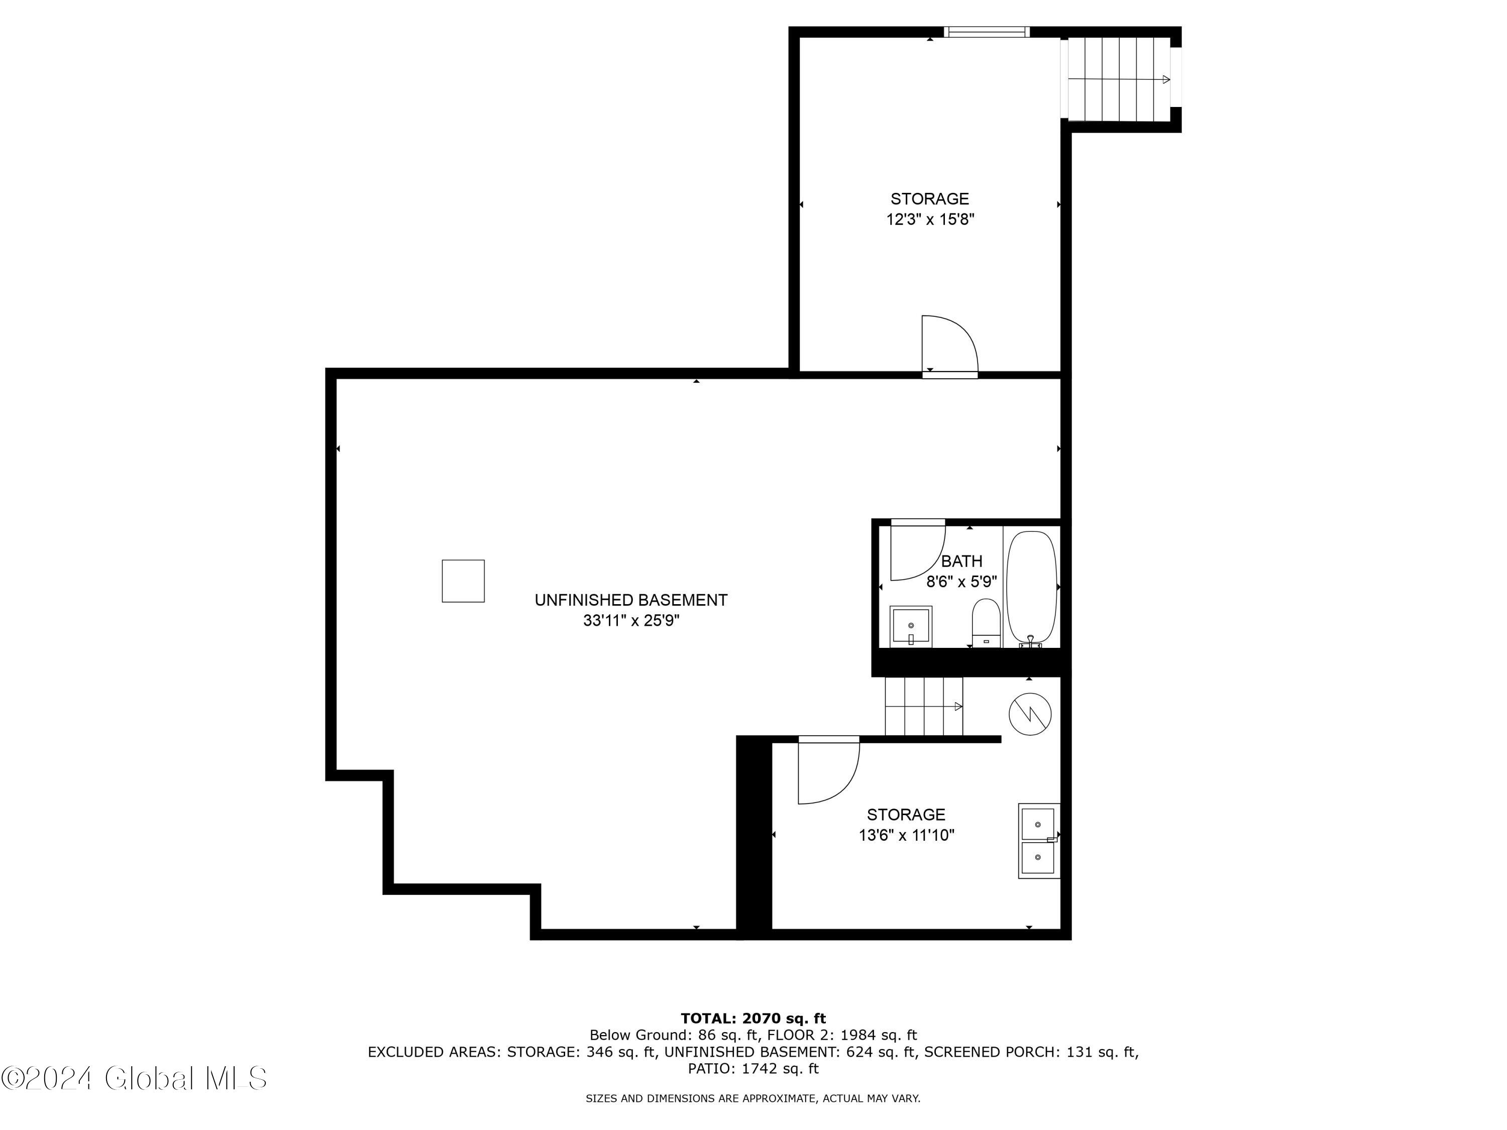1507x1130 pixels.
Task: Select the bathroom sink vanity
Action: [x=911, y=626]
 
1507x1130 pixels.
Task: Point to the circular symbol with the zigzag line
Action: [x=1029, y=714]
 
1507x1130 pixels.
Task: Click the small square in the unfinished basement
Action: [x=463, y=581]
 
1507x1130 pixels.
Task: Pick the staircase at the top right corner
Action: [x=1119, y=79]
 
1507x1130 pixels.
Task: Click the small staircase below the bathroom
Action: [x=923, y=706]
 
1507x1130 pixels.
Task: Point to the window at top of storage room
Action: [x=986, y=31]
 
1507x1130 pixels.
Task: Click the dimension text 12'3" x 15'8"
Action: [x=930, y=219]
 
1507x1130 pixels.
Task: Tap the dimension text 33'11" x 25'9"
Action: [x=631, y=621]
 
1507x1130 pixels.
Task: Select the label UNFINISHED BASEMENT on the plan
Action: [x=631, y=600]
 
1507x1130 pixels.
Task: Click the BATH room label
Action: [x=961, y=561]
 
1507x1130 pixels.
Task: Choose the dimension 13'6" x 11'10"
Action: [x=906, y=835]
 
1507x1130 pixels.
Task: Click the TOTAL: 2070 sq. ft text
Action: [x=753, y=1019]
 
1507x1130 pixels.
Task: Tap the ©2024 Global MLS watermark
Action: [x=134, y=1078]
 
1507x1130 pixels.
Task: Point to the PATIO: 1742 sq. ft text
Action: [x=753, y=1068]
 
